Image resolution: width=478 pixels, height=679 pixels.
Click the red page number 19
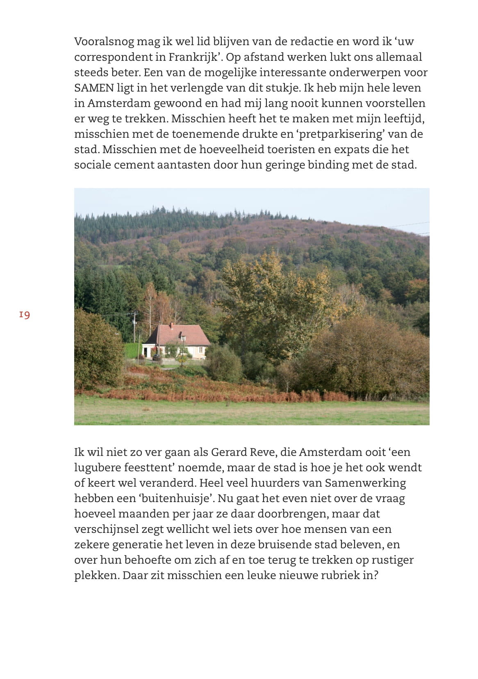pyautogui.click(x=24, y=315)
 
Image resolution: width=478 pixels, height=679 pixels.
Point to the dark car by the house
pyautogui.click(x=157, y=357)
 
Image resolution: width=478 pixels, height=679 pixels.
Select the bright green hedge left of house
pyautogui.click(x=132, y=350)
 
